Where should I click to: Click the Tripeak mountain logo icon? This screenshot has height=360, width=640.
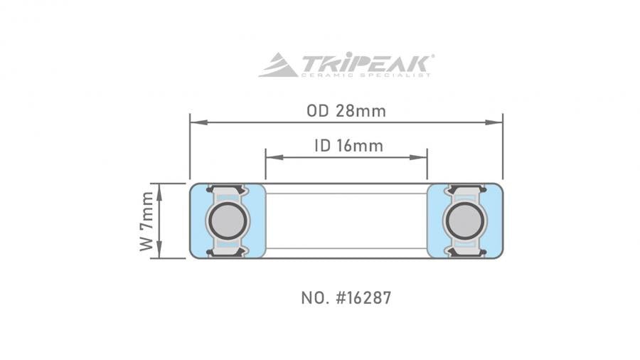click(x=278, y=65)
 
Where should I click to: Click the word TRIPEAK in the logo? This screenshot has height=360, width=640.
click(x=366, y=62)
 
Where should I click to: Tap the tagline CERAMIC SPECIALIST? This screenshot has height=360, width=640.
click(x=366, y=75)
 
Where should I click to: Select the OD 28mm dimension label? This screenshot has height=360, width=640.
click(x=346, y=111)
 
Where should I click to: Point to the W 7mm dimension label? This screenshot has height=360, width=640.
click(x=147, y=221)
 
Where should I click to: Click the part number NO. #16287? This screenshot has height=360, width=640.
click(x=346, y=297)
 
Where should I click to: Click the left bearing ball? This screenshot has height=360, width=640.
click(x=226, y=221)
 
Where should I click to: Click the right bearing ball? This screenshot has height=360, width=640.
click(x=464, y=221)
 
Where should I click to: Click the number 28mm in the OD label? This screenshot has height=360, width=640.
click(x=361, y=111)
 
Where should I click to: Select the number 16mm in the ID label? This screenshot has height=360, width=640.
click(x=361, y=146)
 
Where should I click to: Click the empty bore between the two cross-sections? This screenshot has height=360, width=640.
click(x=346, y=221)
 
